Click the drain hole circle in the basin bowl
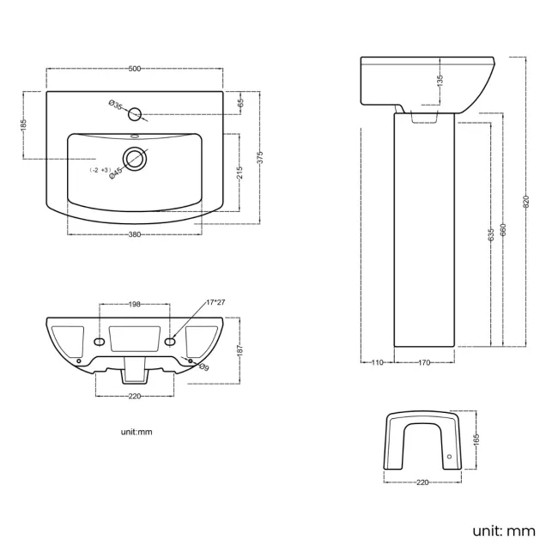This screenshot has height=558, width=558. click(135, 158)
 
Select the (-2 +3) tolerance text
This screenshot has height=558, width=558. click(100, 171)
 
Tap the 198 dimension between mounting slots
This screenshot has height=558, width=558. click(135, 304)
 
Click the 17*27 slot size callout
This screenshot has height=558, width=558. click(215, 302)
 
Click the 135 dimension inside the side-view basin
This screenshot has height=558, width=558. click(440, 82)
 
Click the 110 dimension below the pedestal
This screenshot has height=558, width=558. click(375, 362)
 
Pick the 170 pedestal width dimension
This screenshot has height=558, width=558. click(423, 362)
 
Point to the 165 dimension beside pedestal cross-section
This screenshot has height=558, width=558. click(476, 441)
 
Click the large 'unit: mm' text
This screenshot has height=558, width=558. click(503, 531)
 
